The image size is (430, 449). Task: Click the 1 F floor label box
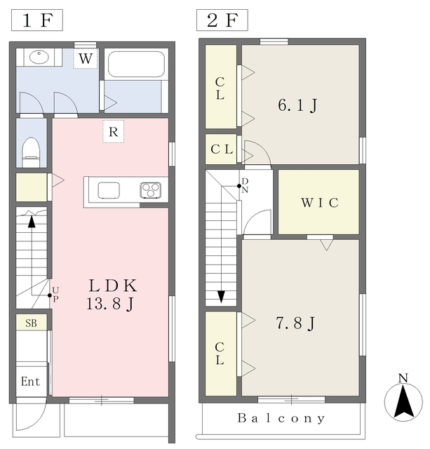coord(37,20)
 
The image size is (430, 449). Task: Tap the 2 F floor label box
coord(222,20)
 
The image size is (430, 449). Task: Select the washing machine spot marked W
coord(86,58)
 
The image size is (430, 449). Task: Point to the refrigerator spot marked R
coord(114,132)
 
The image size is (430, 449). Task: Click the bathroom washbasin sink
coord(39,57)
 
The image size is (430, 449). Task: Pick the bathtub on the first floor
coord(136,64)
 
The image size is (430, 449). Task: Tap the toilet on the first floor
coord(31,152)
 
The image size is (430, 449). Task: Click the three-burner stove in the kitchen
coord(151,190)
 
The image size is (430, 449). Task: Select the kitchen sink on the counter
coord(109,190)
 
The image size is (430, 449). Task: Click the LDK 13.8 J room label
coord(112,295)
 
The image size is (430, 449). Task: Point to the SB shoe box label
coord(31,323)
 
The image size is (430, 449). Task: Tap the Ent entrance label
coord(30,382)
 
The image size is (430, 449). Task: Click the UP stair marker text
coord(55,295)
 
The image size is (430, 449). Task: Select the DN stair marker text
coord(245,185)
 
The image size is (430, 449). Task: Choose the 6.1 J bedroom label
coord(297,105)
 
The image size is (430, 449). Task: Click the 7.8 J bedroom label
coord(296,323)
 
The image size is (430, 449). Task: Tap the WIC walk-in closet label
coord(320,203)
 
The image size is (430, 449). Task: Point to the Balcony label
coord(281,418)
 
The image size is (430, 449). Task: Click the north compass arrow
coord(403,401)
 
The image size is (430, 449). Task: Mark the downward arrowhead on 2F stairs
coord(221,297)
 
